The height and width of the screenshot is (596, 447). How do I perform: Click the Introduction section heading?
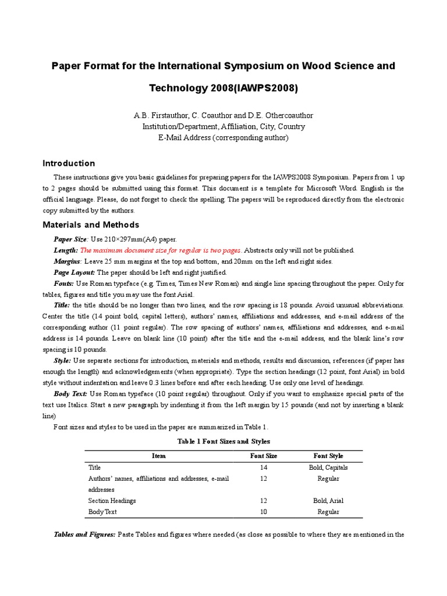pyautogui.click(x=69, y=164)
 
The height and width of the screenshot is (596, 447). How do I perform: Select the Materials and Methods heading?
pyautogui.click(x=91, y=225)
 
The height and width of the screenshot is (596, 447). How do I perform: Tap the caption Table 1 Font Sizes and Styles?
pyautogui.click(x=223, y=442)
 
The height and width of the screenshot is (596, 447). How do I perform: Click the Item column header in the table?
pyautogui.click(x=159, y=456)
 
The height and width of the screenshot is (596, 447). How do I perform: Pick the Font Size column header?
pyautogui.click(x=264, y=456)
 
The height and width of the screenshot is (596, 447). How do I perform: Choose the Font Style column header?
pyautogui.click(x=328, y=456)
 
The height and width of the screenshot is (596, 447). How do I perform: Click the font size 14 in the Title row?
pyautogui.click(x=264, y=467)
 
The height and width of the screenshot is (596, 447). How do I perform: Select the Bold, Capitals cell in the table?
pyautogui.click(x=328, y=467)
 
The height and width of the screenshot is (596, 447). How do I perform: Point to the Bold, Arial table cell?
pyautogui.click(x=328, y=501)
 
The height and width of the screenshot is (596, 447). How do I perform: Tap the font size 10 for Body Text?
pyautogui.click(x=264, y=512)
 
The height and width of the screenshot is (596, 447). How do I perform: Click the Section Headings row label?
pyautogui.click(x=112, y=501)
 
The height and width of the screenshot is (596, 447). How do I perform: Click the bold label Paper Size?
pyautogui.click(x=70, y=239)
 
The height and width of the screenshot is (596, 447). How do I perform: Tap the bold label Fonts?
pyautogui.click(x=64, y=283)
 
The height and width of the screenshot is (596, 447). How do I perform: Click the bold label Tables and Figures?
pyautogui.click(x=84, y=534)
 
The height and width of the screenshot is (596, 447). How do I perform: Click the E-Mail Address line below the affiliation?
pyautogui.click(x=223, y=138)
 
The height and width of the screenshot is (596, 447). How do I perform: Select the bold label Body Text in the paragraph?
pyautogui.click(x=71, y=394)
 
